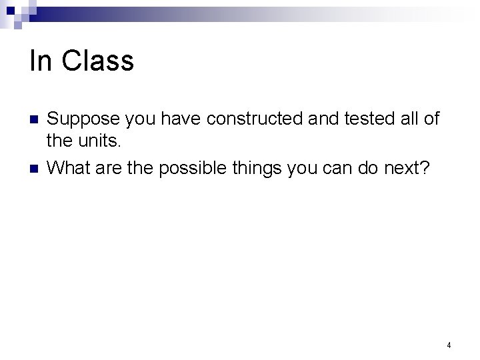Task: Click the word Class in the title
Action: [x=97, y=61]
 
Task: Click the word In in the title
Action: [x=41, y=61]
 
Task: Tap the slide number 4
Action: [x=449, y=345]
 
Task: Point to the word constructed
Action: [x=248, y=119]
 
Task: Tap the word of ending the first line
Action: [x=431, y=119]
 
